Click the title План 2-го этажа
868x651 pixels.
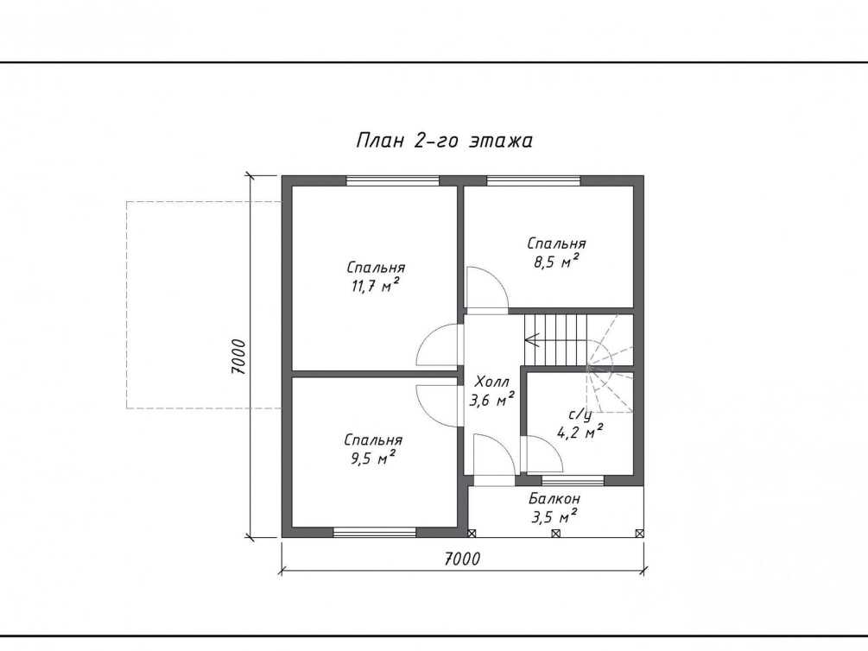[x=444, y=141]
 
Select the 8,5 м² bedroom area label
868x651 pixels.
[x=556, y=252]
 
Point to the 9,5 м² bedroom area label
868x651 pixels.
[x=372, y=449]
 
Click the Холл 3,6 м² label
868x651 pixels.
[x=492, y=391]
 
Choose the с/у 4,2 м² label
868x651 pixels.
[x=579, y=424]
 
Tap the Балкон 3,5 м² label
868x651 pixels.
[x=554, y=508]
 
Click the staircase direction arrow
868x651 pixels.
[x=555, y=339]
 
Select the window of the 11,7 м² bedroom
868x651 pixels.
[x=392, y=180]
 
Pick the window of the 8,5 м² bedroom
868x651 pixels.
[x=534, y=180]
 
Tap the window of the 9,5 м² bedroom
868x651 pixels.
[x=375, y=532]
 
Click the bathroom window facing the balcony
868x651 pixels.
[x=573, y=480]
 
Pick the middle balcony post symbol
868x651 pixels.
[x=556, y=533]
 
